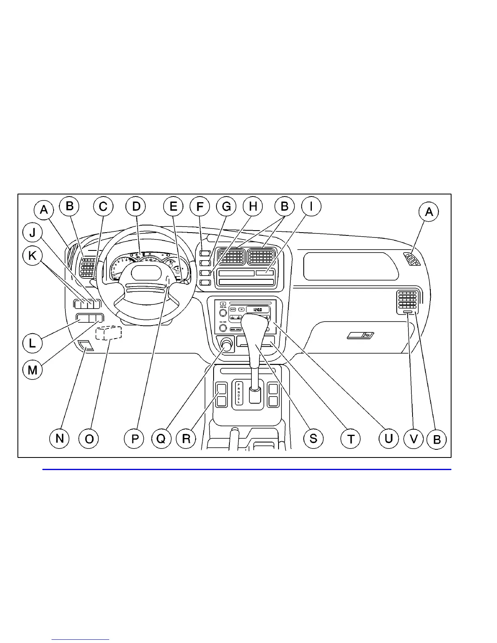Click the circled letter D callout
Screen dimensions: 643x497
[136, 207]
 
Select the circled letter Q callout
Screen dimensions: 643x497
[161, 439]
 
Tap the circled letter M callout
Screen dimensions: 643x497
[32, 369]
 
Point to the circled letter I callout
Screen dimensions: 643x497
[311, 207]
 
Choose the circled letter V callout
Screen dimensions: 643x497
[414, 439]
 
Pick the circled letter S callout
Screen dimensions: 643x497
[313, 439]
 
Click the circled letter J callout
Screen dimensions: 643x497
[32, 233]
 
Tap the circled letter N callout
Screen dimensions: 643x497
[59, 439]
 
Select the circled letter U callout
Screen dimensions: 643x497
[389, 439]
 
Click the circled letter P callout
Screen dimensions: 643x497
[135, 439]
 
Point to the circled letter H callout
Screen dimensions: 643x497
[253, 207]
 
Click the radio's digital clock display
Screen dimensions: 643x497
[257, 309]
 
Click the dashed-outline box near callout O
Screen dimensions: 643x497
[108, 332]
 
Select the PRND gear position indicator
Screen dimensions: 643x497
[239, 393]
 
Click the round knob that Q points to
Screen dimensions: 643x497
[226, 345]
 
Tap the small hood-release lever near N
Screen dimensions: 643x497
[86, 346]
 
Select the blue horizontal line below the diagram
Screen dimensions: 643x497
[247, 470]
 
